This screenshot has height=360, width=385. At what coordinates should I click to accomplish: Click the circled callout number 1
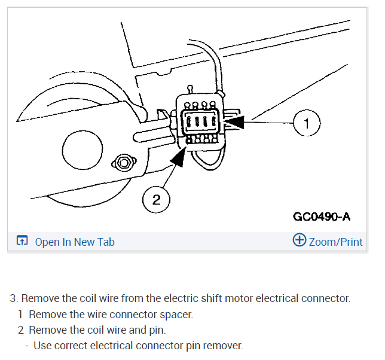tap(307, 124)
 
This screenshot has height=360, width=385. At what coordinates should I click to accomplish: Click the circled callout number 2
tap(157, 200)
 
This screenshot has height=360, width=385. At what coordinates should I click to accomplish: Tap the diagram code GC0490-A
tap(322, 216)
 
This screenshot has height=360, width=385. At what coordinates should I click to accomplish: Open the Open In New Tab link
tap(75, 242)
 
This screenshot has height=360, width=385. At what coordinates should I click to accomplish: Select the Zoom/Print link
tap(335, 242)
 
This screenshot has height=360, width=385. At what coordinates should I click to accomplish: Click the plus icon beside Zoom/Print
tap(299, 240)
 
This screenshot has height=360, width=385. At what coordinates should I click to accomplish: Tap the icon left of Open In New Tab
tap(22, 242)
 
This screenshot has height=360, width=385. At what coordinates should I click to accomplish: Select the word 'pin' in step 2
tap(157, 330)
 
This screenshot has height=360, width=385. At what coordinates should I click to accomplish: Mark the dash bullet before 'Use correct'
tap(27, 345)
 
